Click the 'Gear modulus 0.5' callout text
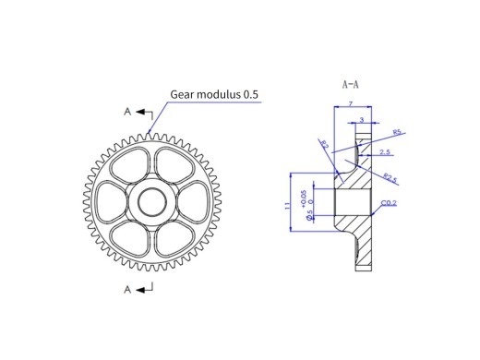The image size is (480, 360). pyautogui.click(x=214, y=93)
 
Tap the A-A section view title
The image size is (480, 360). pyautogui.click(x=349, y=82)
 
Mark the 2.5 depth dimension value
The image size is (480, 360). pyautogui.click(x=383, y=151)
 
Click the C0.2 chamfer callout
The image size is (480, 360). pyautogui.click(x=389, y=204)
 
